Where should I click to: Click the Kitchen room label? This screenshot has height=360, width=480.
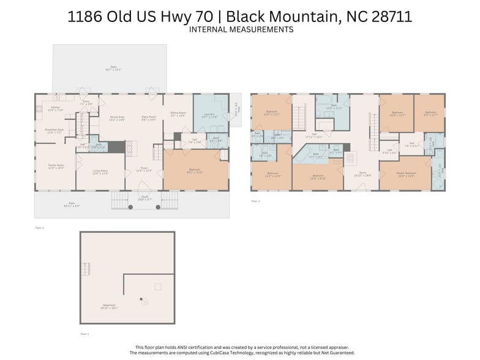click(56, 108)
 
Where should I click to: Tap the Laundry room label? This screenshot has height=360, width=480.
click(209, 116)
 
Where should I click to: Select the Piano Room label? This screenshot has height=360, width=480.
click(148, 118)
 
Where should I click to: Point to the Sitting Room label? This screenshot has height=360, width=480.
click(178, 114)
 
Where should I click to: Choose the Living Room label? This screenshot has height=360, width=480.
click(100, 172)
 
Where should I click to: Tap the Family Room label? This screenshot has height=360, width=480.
click(56, 166)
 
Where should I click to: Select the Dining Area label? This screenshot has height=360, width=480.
click(117, 118)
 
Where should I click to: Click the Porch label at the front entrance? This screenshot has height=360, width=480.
click(144, 198)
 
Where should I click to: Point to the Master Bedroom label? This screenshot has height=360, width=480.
click(405, 174)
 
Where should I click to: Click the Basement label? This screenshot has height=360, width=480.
click(110, 308)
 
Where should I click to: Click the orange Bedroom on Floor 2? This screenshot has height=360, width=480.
click(193, 171)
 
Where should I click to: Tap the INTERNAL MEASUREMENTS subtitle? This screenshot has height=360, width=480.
click(241, 29)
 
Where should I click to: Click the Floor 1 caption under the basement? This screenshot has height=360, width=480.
click(84, 334)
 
